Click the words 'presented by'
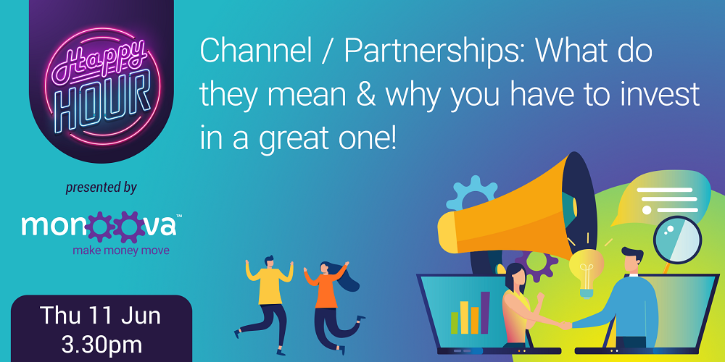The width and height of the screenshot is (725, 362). [x=101, y=188]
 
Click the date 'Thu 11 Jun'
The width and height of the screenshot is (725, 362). [x=100, y=316]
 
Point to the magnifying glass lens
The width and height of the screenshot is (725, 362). [x=677, y=240]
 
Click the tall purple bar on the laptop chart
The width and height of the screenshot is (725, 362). [x=485, y=312]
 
